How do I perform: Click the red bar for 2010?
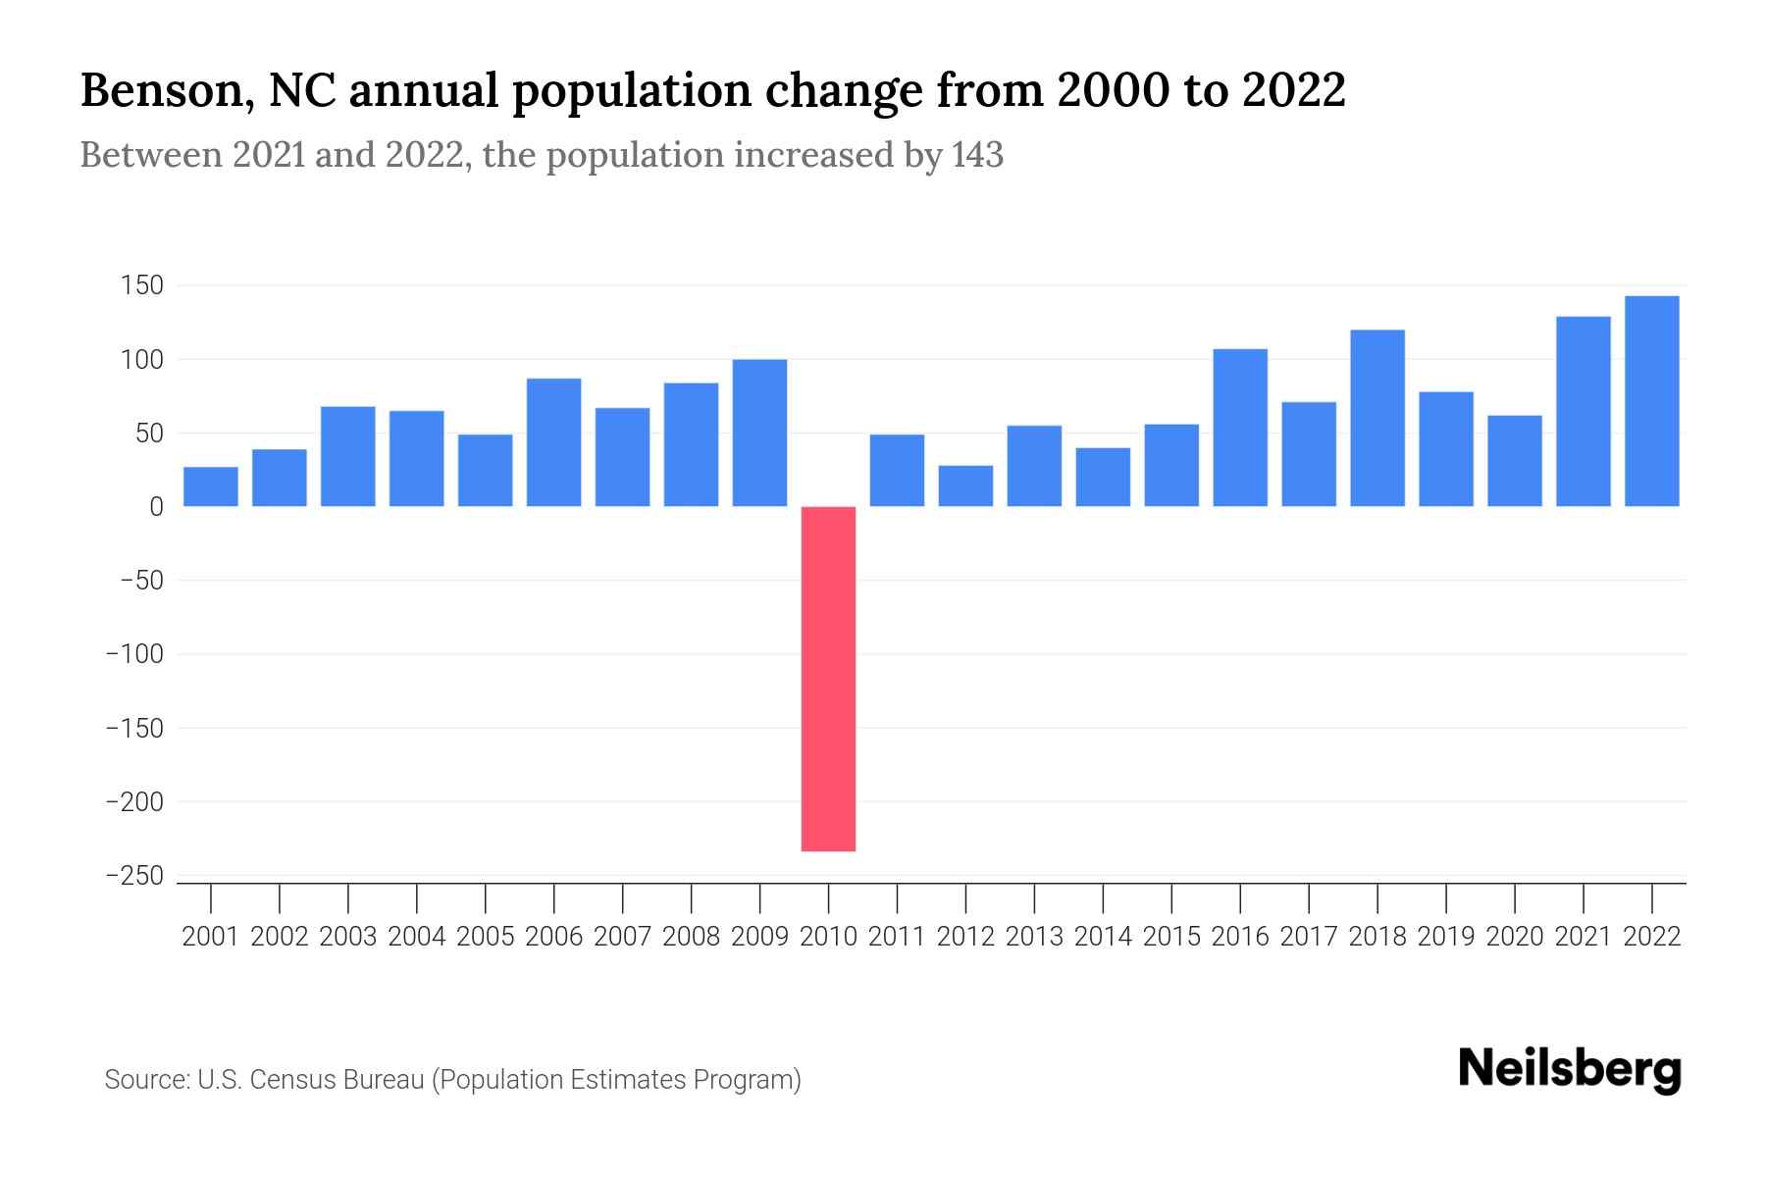(x=828, y=679)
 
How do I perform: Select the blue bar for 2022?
(x=1652, y=401)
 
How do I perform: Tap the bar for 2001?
(x=211, y=486)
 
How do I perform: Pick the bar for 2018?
(x=1377, y=419)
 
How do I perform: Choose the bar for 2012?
(x=965, y=486)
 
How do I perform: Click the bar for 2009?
(x=759, y=434)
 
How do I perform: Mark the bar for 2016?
(x=1240, y=428)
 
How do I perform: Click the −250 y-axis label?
(x=134, y=876)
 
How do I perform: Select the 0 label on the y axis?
(x=156, y=507)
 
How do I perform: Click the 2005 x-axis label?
(x=486, y=937)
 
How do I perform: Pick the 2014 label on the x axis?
(x=1103, y=937)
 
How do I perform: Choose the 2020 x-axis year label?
(x=1515, y=937)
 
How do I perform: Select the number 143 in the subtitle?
(x=977, y=155)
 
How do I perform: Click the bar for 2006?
(x=553, y=442)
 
